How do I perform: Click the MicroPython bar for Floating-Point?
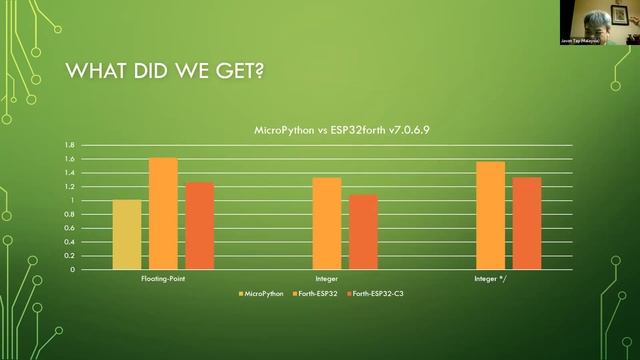point(127,235)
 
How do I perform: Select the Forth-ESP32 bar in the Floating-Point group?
point(163,214)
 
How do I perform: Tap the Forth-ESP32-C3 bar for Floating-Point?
point(199,226)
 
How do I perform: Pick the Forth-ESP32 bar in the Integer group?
point(327,224)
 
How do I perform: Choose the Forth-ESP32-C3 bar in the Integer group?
point(363,232)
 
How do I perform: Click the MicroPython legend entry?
point(262,293)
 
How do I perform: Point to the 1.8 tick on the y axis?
point(69,145)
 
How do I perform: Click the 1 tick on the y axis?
point(72,201)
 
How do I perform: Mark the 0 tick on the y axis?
point(72,270)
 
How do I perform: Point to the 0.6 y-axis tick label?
point(69,228)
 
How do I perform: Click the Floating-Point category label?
point(163,279)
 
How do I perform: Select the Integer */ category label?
point(490,279)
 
